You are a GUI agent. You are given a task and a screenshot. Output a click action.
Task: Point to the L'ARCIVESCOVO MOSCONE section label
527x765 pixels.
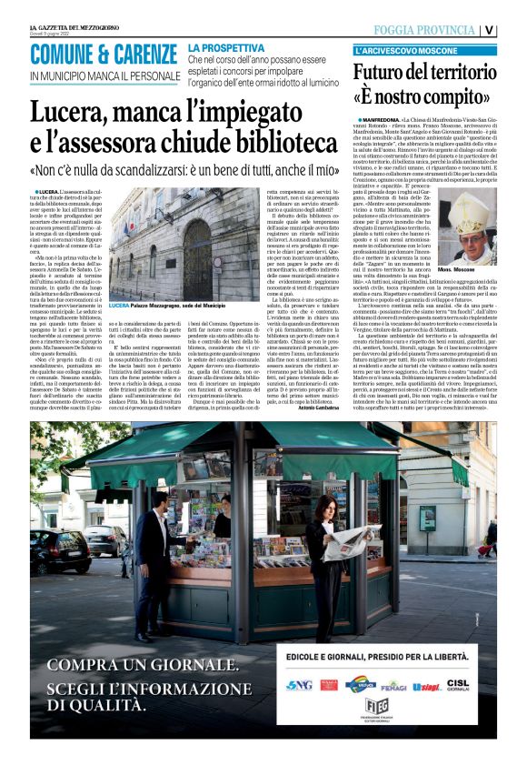pyautogui.click(x=399, y=52)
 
